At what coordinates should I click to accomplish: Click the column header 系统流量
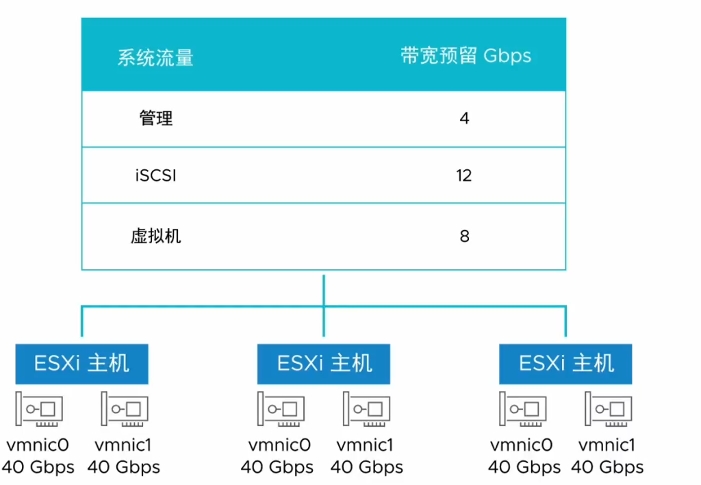click(155, 58)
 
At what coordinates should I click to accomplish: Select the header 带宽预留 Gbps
click(466, 56)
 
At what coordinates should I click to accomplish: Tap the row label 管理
click(156, 119)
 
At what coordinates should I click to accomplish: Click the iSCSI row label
click(156, 175)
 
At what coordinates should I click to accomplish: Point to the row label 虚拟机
click(156, 236)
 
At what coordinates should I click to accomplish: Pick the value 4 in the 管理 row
click(464, 119)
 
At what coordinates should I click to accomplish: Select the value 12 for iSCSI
click(464, 175)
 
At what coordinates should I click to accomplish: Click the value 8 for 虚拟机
click(464, 236)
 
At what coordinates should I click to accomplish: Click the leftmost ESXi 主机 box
click(81, 363)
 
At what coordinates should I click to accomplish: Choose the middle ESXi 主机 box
click(324, 363)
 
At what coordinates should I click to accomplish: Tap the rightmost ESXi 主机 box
click(566, 363)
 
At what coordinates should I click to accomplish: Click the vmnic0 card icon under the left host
click(40, 410)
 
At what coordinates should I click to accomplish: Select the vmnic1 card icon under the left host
click(125, 410)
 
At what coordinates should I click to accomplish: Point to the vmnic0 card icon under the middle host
click(281, 410)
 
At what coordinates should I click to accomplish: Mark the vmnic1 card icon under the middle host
click(366, 410)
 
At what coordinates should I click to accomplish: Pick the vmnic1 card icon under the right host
click(608, 410)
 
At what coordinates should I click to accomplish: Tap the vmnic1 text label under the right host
click(607, 445)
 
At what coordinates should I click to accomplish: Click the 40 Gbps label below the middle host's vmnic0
click(277, 467)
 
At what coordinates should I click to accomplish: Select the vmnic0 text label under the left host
click(38, 445)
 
